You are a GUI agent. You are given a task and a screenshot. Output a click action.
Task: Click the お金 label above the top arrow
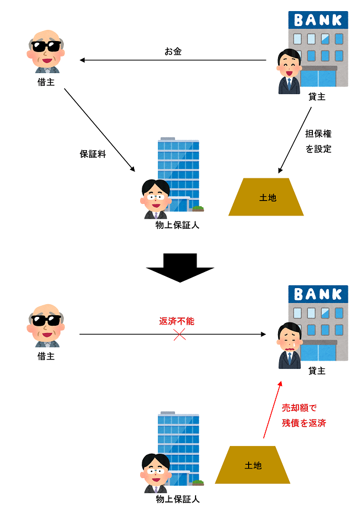pyautogui.click(x=173, y=52)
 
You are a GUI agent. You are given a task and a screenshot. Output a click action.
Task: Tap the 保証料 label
pyautogui.click(x=92, y=154)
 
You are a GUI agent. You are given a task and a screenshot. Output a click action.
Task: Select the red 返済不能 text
pyautogui.click(x=177, y=321)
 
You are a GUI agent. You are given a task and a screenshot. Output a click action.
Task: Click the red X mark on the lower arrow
pyautogui.click(x=179, y=334)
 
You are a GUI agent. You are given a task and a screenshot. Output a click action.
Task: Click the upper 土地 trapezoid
pyautogui.click(x=267, y=197)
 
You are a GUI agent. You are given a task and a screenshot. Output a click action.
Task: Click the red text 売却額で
pyautogui.click(x=299, y=408)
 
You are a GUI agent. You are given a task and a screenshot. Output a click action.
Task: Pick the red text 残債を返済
pyautogui.click(x=304, y=423)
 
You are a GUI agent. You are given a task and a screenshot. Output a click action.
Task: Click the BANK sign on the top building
pyautogui.click(x=318, y=20)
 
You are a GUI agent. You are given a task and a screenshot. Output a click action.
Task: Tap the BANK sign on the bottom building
pyautogui.click(x=318, y=294)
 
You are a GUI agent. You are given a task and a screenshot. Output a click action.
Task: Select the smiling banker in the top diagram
pyautogui.click(x=288, y=69)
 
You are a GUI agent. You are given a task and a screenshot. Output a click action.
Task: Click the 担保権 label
pyautogui.click(x=318, y=134)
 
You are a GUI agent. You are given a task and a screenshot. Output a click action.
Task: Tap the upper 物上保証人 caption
pyautogui.click(x=177, y=225)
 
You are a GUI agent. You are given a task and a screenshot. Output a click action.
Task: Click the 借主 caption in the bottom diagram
pyautogui.click(x=46, y=357)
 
